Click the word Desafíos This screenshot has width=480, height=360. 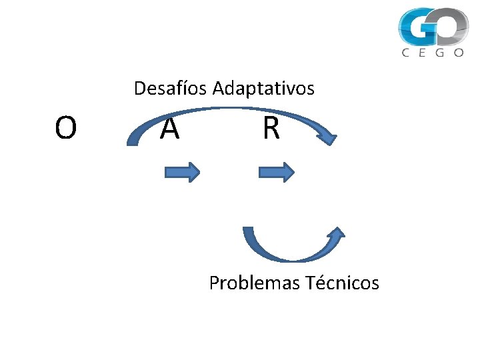[171, 88]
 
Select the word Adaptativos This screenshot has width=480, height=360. [263, 88]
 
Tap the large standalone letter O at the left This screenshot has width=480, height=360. [65, 129]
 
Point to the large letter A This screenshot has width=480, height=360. [170, 129]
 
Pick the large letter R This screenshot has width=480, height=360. [271, 129]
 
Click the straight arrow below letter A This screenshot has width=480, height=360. [182, 173]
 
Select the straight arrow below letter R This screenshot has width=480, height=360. [276, 173]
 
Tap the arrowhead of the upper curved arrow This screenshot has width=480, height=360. [327, 137]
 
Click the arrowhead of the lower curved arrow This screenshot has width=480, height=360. [337, 233]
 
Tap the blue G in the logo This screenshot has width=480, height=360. [417, 27]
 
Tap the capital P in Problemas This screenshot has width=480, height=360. [214, 283]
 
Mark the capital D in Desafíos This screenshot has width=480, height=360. [139, 88]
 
